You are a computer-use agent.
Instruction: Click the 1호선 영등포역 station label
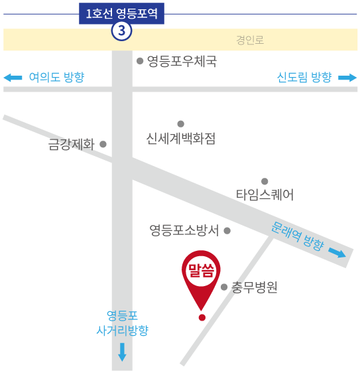click(121, 13)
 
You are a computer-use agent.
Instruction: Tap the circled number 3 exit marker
click(121, 31)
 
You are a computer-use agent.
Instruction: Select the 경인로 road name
click(250, 40)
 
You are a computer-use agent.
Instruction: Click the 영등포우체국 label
click(182, 61)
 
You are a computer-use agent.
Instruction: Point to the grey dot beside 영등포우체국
click(140, 61)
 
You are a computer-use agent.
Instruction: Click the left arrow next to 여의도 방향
click(13, 78)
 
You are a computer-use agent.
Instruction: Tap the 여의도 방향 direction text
click(56, 77)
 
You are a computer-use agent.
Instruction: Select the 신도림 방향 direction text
click(304, 77)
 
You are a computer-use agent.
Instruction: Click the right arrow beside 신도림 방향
click(347, 78)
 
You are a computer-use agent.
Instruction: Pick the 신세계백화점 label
click(180, 139)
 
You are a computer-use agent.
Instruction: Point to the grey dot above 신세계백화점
click(180, 123)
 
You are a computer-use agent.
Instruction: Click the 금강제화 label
click(72, 144)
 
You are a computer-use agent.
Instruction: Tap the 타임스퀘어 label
click(265, 194)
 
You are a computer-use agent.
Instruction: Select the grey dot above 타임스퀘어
click(265, 181)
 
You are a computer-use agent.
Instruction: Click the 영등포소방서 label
click(184, 230)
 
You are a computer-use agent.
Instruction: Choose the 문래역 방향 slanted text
click(297, 236)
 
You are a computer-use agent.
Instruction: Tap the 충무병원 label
click(255, 287)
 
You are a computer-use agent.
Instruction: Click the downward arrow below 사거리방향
click(122, 352)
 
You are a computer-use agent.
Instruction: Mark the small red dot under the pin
click(202, 317)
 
